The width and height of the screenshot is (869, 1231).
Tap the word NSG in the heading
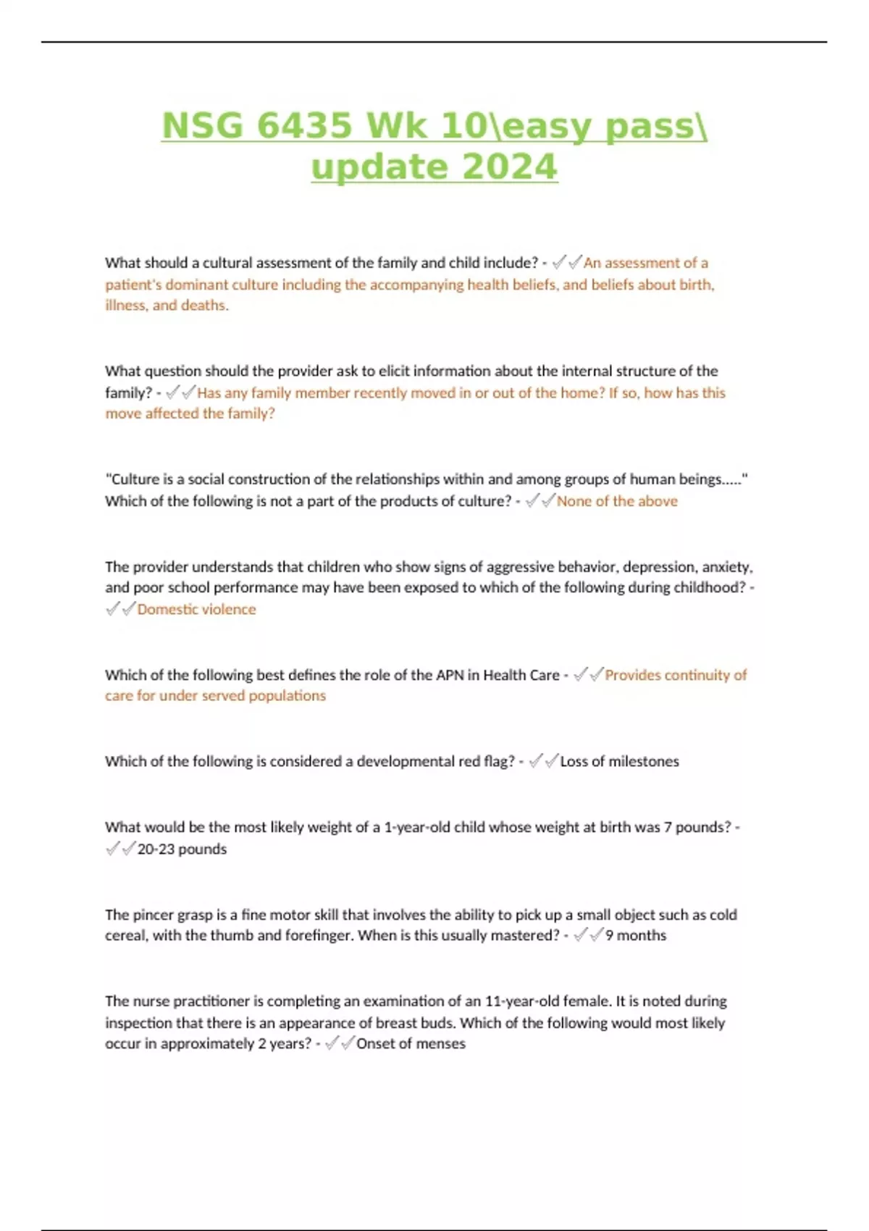[202, 126]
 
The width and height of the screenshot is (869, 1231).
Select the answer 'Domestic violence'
[196, 609]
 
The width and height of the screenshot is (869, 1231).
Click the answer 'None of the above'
[616, 501]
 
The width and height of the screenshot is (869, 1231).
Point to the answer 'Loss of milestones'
[619, 761]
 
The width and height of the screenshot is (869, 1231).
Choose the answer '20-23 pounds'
[182, 849]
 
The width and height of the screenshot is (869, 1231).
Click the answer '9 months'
[636, 935]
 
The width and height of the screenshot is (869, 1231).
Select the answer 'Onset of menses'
[411, 1043]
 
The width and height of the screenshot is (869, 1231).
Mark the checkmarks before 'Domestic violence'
[120, 609]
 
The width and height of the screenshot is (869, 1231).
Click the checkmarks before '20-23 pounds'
[120, 849]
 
